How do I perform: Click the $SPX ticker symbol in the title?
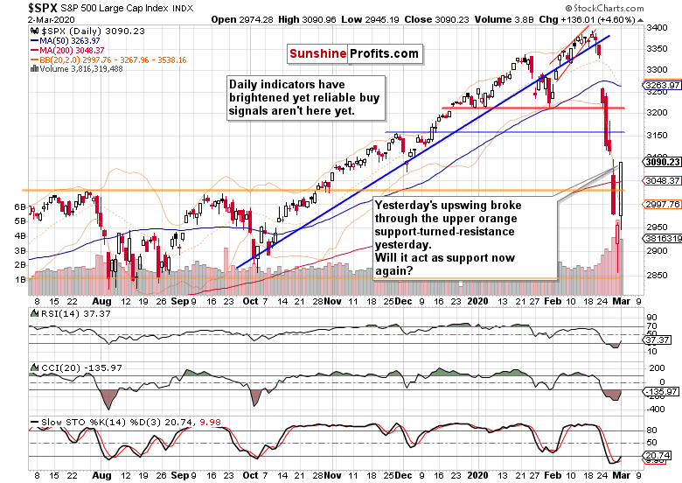pyautogui.click(x=18, y=7)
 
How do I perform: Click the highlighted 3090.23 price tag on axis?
pyautogui.click(x=662, y=161)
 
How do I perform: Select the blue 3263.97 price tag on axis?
pyautogui.click(x=662, y=85)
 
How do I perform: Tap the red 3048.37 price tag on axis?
pyautogui.click(x=662, y=180)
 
